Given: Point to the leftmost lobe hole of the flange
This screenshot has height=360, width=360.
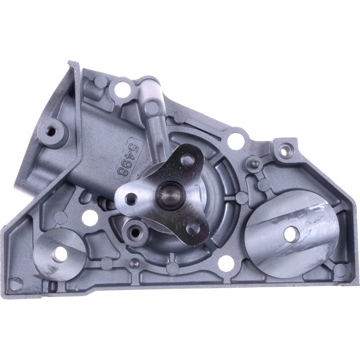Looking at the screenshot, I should pos(131,197).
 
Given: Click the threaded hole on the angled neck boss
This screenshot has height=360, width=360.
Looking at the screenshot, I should pos(51,131).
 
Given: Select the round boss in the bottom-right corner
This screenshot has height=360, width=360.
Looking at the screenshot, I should pos(341,270).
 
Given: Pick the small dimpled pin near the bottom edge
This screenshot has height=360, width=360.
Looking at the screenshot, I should pos(133,262).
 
